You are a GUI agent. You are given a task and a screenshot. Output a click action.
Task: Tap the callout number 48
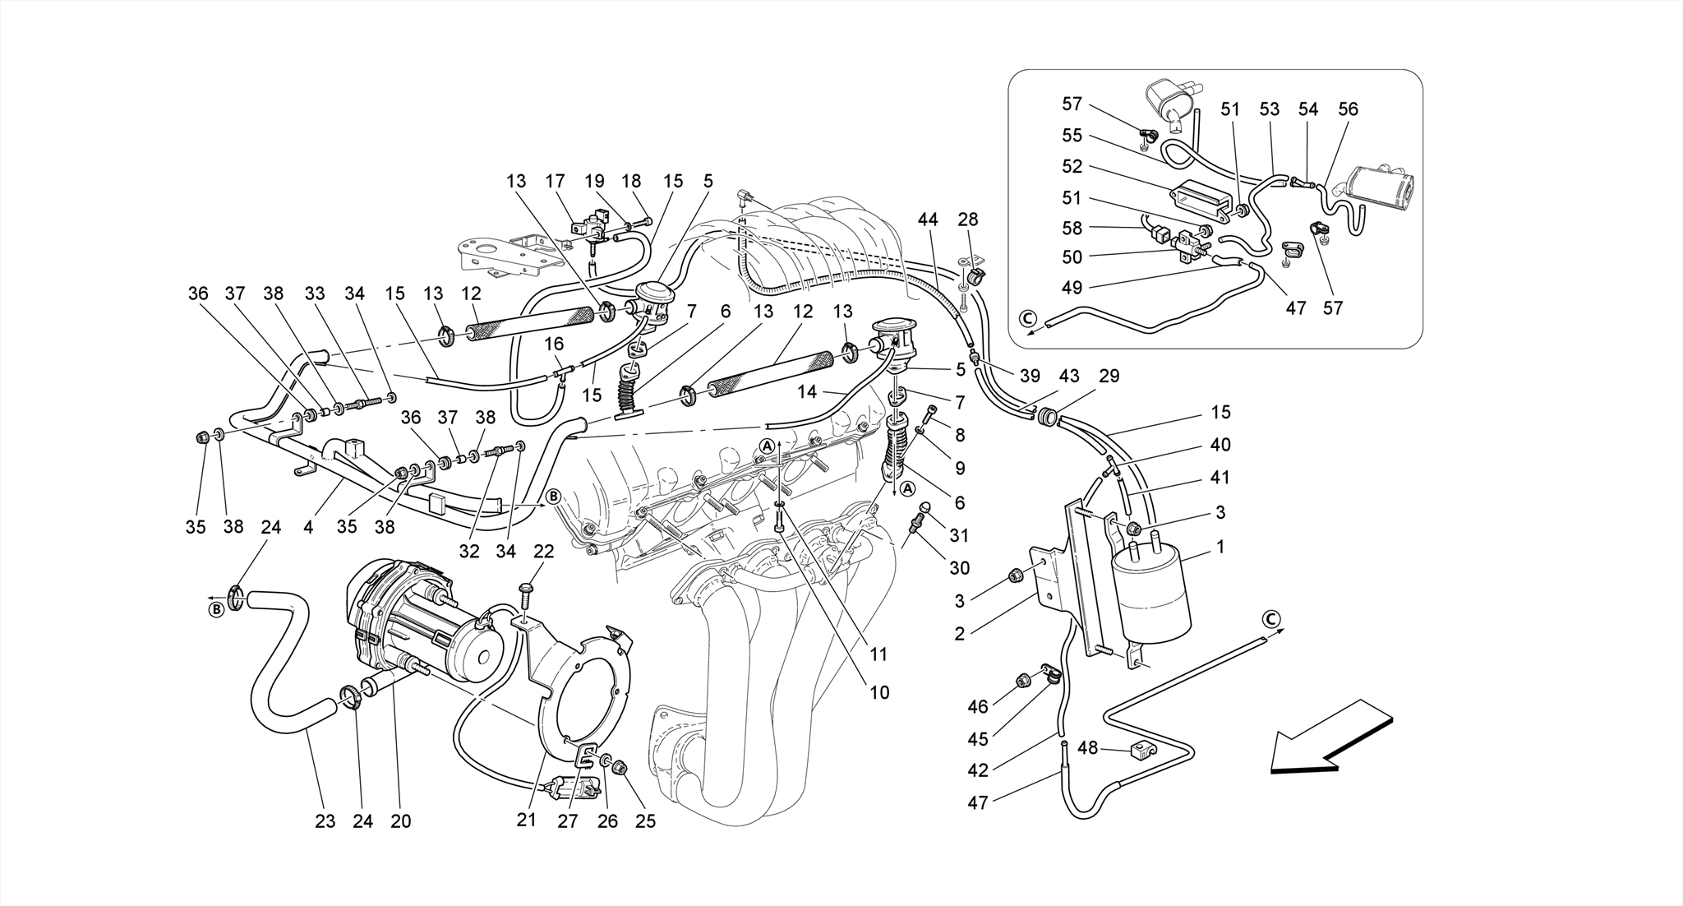1087,748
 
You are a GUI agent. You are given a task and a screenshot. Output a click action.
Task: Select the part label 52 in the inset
1072,166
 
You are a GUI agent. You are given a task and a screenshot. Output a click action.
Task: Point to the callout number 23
325,820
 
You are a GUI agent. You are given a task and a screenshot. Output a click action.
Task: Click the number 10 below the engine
879,692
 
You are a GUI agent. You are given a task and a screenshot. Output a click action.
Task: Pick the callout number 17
556,181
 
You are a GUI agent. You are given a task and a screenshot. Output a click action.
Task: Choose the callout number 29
1109,376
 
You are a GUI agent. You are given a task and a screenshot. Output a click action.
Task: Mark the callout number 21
526,820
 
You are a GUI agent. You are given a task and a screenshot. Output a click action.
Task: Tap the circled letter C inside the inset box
1026,318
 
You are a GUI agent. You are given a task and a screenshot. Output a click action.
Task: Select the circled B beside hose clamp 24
215,609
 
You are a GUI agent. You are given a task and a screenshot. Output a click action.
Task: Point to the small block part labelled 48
1141,750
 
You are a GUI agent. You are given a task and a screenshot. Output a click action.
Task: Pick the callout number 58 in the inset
1072,228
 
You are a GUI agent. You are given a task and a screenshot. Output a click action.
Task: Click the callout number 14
807,392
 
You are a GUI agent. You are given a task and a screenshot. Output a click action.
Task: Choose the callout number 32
469,551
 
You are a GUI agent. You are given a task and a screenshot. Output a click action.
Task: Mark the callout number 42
978,770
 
